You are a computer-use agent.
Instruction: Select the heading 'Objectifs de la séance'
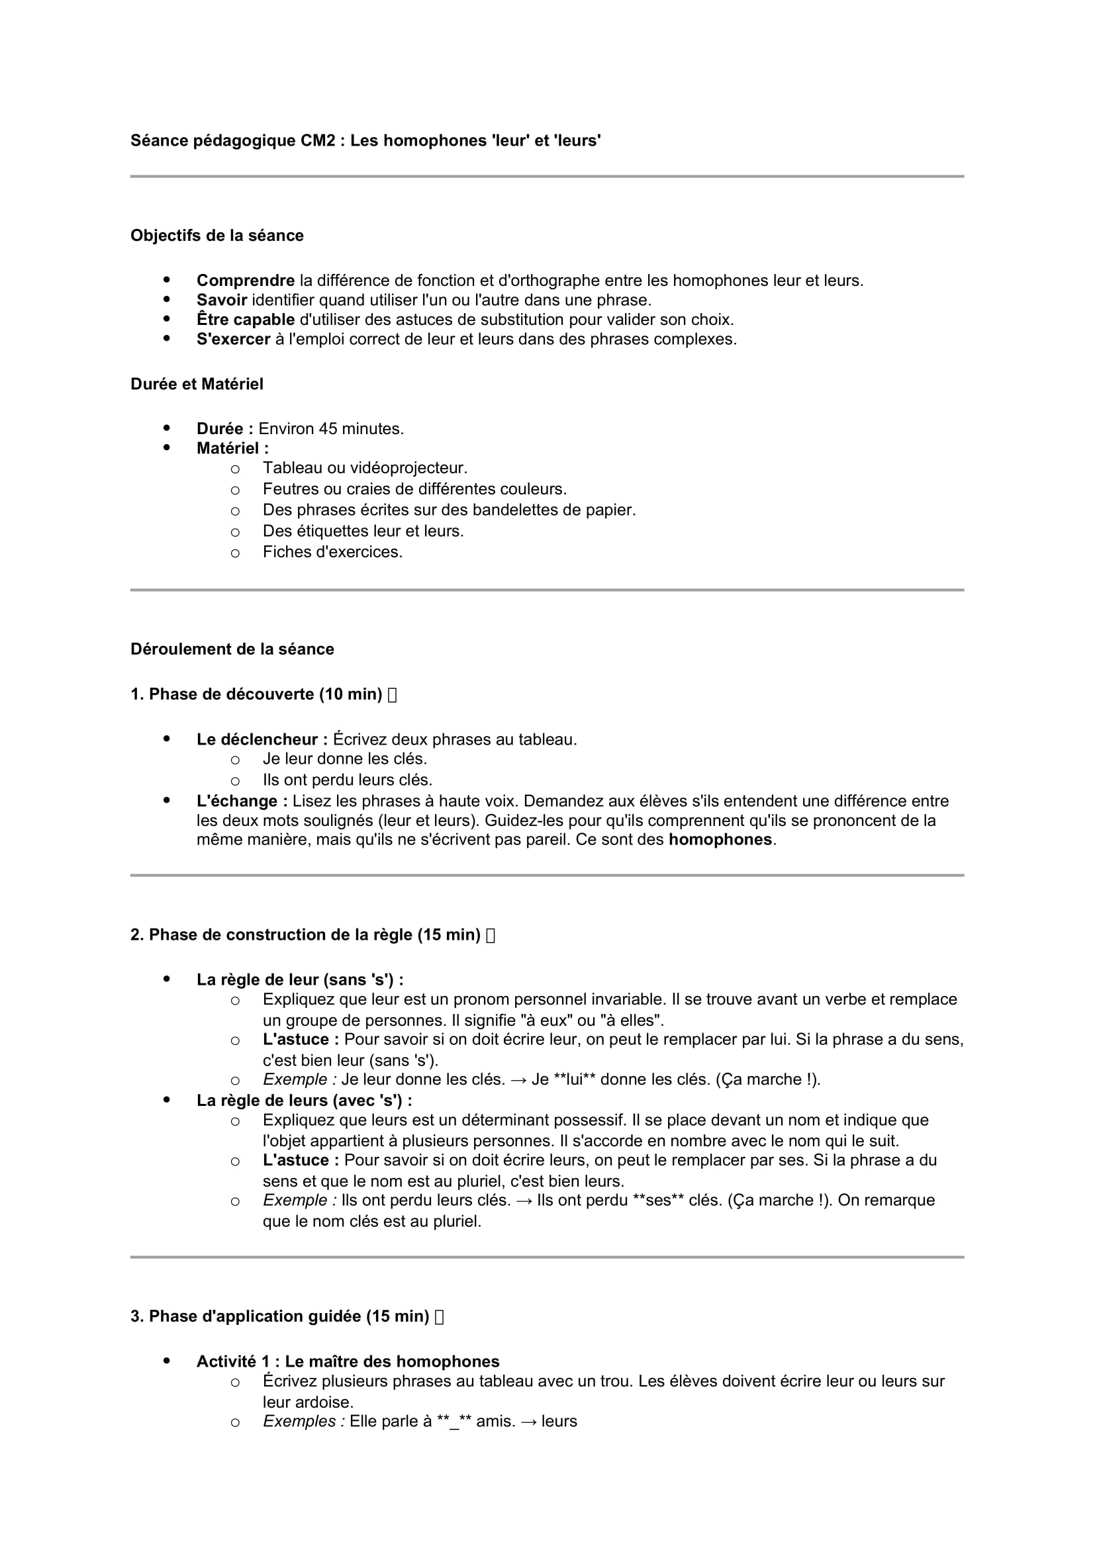(216, 236)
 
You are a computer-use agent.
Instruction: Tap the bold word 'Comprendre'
(246, 281)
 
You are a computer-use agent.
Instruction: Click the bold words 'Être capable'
(246, 320)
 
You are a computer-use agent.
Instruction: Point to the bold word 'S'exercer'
(233, 339)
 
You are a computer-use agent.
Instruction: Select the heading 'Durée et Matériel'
(196, 385)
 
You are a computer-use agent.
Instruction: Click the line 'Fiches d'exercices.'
(332, 552)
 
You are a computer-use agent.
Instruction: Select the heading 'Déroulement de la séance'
(232, 649)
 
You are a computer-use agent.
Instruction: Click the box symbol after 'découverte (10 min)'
(393, 695)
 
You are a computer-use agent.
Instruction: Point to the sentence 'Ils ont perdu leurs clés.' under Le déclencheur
(348, 780)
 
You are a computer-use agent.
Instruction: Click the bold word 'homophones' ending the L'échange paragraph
(720, 840)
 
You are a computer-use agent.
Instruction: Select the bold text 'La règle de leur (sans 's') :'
(300, 979)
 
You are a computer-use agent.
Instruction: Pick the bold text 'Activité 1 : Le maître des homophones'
(348, 1362)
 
